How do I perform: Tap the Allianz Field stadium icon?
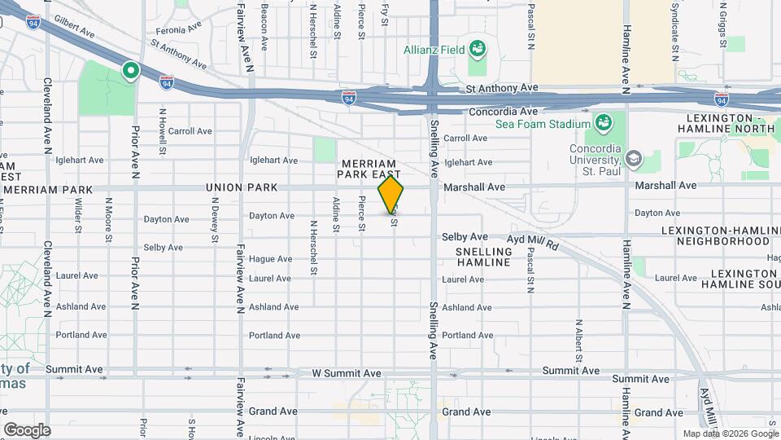477,49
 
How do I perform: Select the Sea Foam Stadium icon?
604,123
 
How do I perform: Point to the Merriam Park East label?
371,169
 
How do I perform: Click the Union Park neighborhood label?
242,187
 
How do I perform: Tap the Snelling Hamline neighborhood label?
484,257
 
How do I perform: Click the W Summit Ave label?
347,373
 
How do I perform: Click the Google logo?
27,429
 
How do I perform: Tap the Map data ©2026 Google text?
729,433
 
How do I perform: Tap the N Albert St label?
579,341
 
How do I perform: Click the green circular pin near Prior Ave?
129,72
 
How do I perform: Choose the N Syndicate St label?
675,37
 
